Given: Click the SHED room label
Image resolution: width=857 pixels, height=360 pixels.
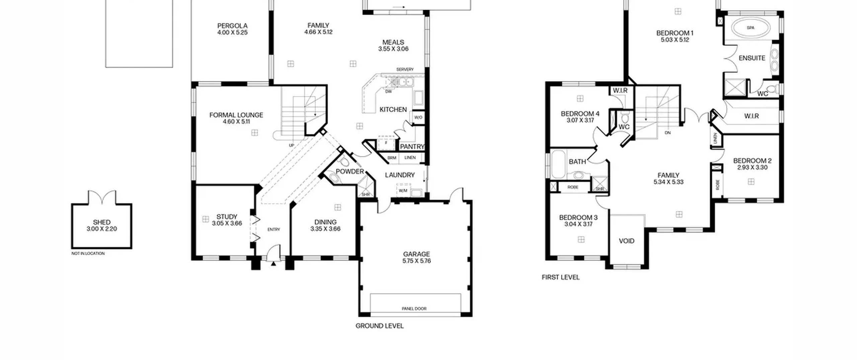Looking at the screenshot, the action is pos(102,222).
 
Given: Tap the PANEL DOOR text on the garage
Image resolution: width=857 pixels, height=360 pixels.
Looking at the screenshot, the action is pos(414,309).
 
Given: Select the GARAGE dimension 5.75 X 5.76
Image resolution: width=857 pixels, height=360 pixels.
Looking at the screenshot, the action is pos(416,261).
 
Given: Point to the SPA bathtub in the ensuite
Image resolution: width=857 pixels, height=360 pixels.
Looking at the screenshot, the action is pos(751,28).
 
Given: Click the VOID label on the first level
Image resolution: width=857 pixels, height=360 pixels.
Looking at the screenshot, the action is pos(627,241).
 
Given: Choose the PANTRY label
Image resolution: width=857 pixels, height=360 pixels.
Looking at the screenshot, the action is pos(412,147).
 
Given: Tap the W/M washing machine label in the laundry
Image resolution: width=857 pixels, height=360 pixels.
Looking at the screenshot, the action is pos(403,191).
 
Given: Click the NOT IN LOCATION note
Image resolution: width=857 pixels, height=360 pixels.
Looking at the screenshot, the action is pos(88,254).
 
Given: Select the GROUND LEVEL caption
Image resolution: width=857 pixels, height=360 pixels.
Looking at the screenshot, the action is pos(380,326).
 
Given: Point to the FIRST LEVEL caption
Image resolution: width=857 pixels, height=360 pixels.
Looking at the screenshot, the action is pos(561,277).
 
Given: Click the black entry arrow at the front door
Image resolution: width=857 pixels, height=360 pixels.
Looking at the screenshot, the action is pos(274,264).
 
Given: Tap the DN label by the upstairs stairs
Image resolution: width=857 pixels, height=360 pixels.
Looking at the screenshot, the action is pos(668,133).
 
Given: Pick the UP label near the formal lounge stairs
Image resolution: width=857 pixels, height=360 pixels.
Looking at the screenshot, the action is pos(292,145).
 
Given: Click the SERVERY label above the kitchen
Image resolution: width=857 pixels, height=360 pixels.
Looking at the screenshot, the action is pos(405,69).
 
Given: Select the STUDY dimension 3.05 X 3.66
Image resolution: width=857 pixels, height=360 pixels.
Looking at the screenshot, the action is pos(227,223).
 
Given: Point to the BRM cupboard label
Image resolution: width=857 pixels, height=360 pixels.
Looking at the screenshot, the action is pos(392,158).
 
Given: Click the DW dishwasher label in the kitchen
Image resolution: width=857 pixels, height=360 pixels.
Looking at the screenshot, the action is pos(388,91).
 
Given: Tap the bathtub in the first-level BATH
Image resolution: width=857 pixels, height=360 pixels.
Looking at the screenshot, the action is pos(558,164).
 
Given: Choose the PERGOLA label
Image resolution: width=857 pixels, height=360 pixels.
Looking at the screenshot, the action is pos(232,26).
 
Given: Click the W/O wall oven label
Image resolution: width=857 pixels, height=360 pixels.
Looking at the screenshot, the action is pos(418,117).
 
